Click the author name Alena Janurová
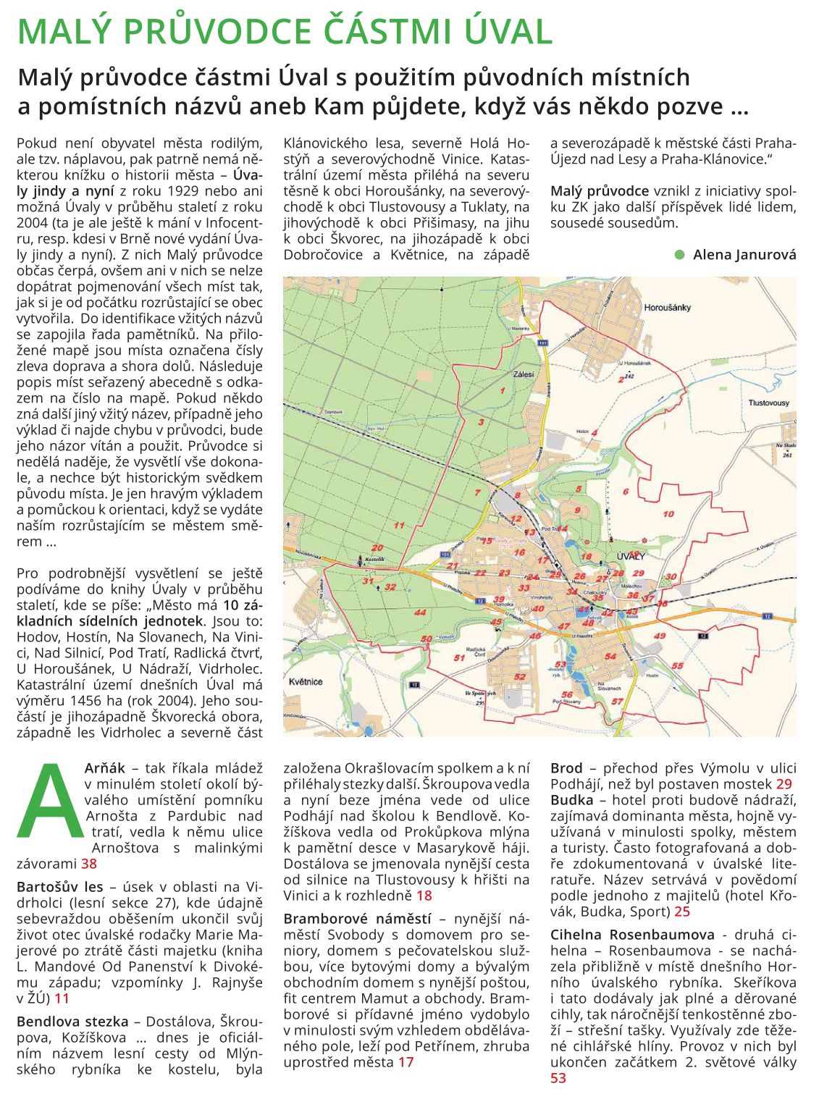[744, 255]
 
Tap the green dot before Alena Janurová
[679, 255]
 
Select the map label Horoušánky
[667, 308]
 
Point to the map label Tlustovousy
[768, 403]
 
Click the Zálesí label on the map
[523, 374]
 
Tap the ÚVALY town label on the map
[630, 556]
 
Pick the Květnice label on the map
[306, 681]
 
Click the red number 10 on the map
[668, 514]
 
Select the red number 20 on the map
[377, 548]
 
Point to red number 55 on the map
[677, 665]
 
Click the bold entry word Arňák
[105, 768]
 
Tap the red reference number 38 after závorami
[89, 864]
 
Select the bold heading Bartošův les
[60, 887]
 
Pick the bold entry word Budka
[571, 800]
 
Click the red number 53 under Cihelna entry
[558, 1078]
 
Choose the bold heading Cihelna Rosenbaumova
[632, 935]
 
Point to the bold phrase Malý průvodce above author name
[600, 191]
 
